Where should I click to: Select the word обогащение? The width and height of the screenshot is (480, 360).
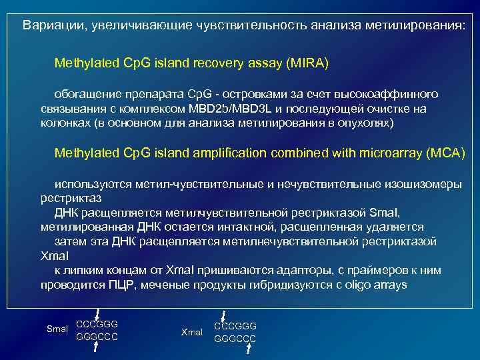point(87,94)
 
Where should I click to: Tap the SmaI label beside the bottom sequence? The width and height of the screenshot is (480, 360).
point(57,329)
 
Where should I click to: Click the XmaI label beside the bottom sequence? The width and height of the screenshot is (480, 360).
point(192,331)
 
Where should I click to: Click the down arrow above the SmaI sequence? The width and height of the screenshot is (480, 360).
point(97,313)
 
